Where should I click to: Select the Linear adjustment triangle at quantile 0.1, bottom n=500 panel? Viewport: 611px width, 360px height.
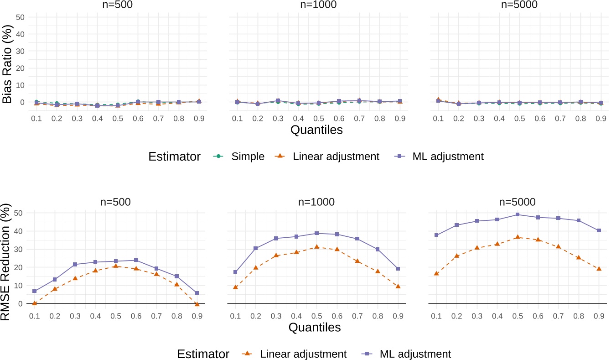point(34,303)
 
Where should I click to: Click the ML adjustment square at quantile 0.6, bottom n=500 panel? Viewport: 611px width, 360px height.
point(136,260)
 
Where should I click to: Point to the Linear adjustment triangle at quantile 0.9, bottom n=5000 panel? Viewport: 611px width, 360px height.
point(599,269)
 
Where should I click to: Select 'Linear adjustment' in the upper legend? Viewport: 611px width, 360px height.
point(342,157)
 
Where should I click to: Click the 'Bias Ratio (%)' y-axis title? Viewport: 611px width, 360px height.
point(8,59)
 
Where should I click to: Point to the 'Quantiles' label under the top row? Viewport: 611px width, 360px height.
point(316,130)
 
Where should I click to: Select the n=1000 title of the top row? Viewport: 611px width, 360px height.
point(316,5)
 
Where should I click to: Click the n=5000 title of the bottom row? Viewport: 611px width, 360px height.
point(518,201)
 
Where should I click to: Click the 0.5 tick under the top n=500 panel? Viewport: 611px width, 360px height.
point(115,118)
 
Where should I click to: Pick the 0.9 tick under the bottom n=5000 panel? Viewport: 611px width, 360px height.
point(599,316)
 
